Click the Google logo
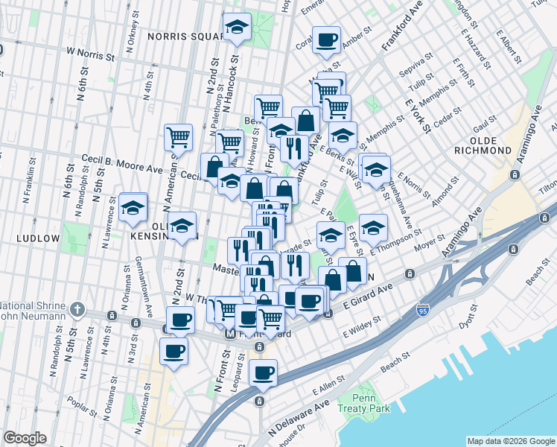pos(25,438)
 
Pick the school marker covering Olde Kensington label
pos(181,227)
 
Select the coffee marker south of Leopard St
pos(262,372)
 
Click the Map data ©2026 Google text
pos(511,441)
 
